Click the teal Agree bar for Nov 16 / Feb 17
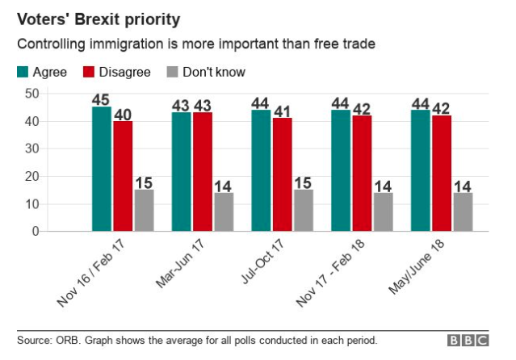tap(102, 169)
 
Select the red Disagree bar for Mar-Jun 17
tap(203, 172)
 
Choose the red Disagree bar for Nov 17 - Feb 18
tap(361, 174)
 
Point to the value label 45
tap(102, 99)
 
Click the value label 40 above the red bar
tap(123, 113)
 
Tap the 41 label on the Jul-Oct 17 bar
tap(282, 111)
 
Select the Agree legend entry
tap(43, 72)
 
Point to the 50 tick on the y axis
tap(32, 94)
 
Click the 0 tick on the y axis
tap(36, 232)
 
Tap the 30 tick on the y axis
tap(32, 149)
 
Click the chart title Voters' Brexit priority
tap(99, 18)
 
